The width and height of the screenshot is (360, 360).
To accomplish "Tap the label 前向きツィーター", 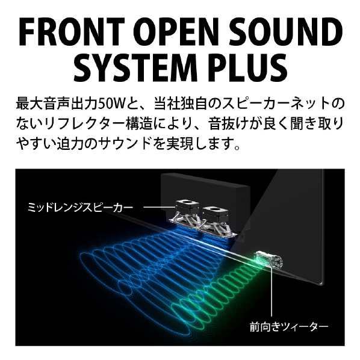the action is (289, 327).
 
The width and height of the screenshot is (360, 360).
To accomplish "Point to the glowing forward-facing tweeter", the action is (269, 259).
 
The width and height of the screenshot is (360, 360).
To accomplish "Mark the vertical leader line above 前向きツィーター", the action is (272, 291).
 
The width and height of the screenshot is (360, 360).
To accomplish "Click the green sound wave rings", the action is (216, 305).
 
